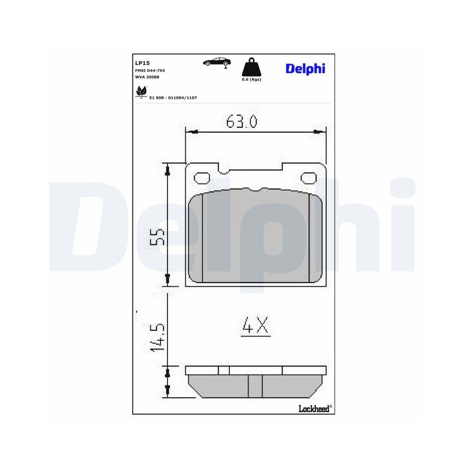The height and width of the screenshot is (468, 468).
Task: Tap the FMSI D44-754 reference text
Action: (150, 70)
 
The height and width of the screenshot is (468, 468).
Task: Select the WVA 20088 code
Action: (147, 76)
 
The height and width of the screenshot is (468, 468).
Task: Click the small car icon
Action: (217, 62)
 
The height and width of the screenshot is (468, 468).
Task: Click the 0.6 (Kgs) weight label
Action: (251, 80)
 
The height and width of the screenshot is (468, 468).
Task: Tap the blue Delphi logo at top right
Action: (305, 69)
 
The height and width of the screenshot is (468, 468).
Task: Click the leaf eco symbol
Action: (140, 92)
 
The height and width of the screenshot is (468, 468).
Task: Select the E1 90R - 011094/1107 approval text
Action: (173, 97)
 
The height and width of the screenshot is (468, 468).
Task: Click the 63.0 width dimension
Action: (241, 122)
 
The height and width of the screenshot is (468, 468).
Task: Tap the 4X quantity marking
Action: (256, 326)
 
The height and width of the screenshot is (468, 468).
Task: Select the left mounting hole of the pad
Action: (202, 178)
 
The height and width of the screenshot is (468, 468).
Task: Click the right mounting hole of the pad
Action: (308, 178)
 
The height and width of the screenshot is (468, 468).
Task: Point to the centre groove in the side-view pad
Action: (255, 386)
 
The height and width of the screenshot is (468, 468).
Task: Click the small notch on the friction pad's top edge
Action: (255, 190)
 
